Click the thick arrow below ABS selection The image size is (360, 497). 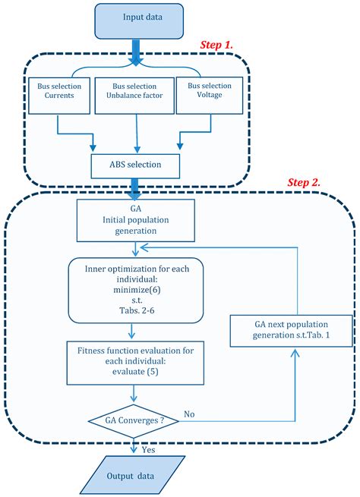137,185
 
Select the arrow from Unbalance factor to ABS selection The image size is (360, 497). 137,137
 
